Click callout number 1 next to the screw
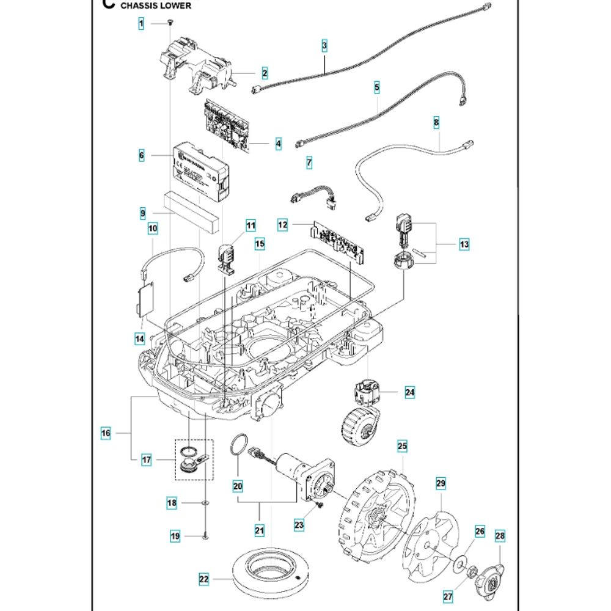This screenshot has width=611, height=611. (141, 24)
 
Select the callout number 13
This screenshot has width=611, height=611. (464, 244)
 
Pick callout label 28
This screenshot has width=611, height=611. (500, 536)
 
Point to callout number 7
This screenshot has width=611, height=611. (309, 163)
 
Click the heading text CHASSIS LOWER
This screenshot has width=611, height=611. (155, 5)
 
